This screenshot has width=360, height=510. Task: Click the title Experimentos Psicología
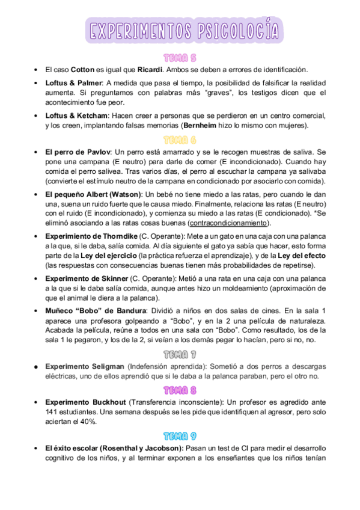[x=184, y=31]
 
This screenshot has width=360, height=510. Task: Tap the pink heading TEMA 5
[x=180, y=58]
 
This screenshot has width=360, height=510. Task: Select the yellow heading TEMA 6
[x=180, y=140]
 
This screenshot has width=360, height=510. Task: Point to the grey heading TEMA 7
[x=180, y=354]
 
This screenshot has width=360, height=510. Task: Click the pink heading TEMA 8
[x=180, y=390]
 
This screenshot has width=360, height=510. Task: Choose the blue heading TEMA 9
[x=180, y=435]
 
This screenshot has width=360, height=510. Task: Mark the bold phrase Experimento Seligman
[x=84, y=366]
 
